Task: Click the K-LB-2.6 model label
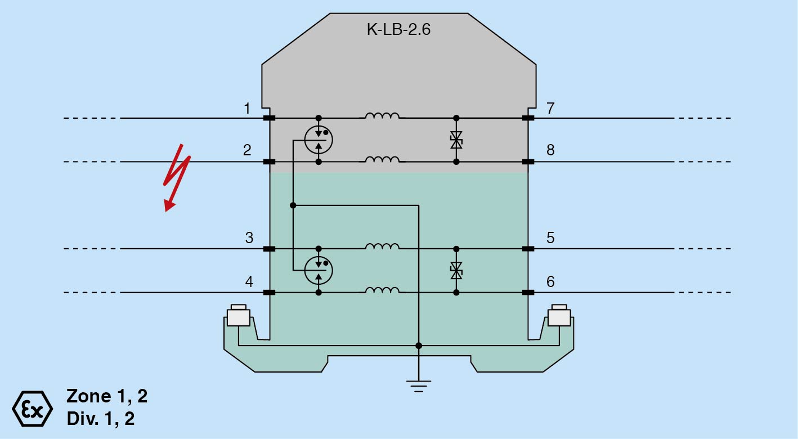click(398, 29)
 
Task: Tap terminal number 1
click(247, 108)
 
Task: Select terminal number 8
click(550, 150)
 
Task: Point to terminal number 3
click(249, 238)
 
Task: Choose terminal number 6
click(550, 281)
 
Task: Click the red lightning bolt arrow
click(176, 178)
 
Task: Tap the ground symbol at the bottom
click(419, 386)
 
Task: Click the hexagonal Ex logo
click(33, 409)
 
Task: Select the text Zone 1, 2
click(107, 396)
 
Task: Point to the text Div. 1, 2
click(101, 418)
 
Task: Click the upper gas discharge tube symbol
click(319, 140)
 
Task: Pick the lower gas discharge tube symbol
click(319, 271)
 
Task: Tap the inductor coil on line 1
click(382, 115)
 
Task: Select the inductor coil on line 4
click(382, 290)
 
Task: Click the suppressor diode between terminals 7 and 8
click(456, 140)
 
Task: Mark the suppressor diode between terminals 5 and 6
click(456, 271)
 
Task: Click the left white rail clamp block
click(239, 315)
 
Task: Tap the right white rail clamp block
click(559, 315)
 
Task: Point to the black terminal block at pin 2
click(269, 162)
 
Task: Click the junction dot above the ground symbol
click(419, 346)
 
